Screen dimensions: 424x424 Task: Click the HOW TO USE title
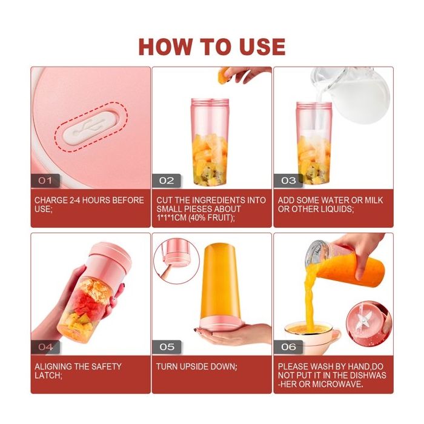pyautogui.click(x=212, y=47)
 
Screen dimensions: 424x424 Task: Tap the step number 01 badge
pyautogui.click(x=45, y=181)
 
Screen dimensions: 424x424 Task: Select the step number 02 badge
pyautogui.click(x=167, y=181)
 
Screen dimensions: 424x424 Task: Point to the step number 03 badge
pyautogui.click(x=288, y=181)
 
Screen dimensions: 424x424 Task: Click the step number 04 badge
pyautogui.click(x=45, y=347)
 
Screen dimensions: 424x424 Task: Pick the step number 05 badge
pyautogui.click(x=167, y=347)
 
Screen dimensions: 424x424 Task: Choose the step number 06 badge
pyautogui.click(x=288, y=347)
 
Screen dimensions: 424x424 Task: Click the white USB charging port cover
pyautogui.click(x=91, y=127)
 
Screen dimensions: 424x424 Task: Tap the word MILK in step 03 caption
pyautogui.click(x=374, y=200)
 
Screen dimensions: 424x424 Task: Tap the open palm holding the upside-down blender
pyautogui.click(x=233, y=333)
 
